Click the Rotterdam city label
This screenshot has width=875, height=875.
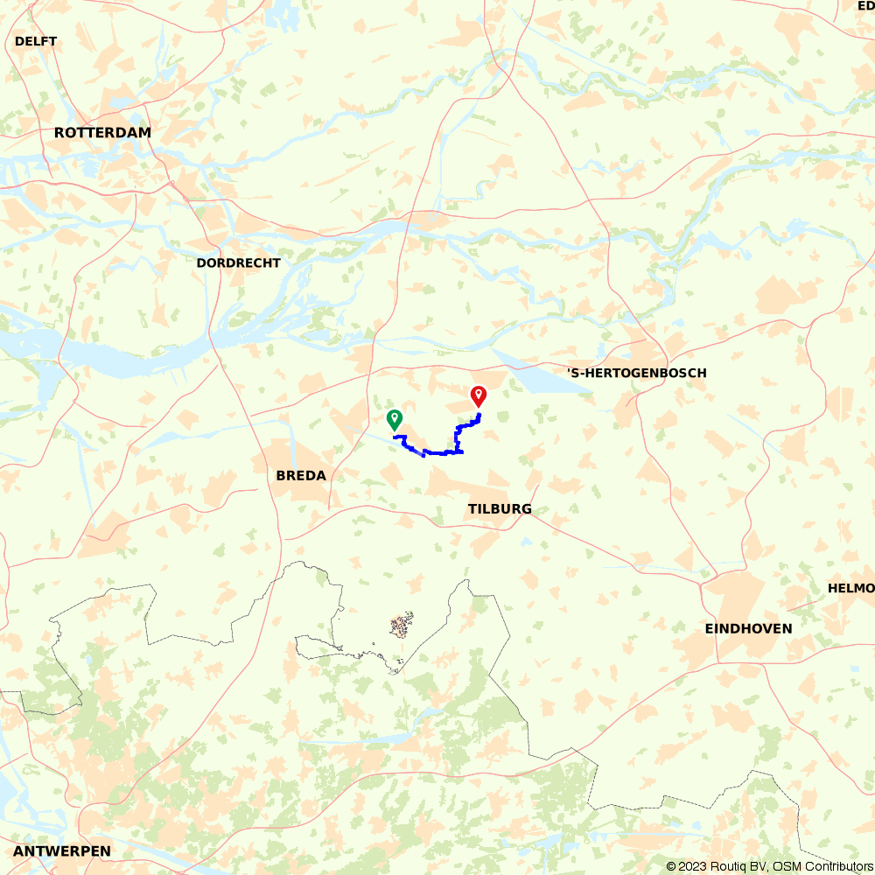point(102,133)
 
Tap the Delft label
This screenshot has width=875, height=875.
point(36,42)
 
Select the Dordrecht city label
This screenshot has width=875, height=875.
point(238,262)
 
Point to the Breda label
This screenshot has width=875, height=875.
point(301,476)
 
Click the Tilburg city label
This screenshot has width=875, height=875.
point(500,509)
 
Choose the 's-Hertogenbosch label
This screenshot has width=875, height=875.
point(636,374)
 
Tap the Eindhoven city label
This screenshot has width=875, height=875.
point(748,629)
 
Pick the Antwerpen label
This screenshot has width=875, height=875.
point(61,851)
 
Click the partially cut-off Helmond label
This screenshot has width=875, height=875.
point(850,589)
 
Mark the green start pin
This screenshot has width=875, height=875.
point(395,418)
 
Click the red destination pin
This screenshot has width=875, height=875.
point(479,395)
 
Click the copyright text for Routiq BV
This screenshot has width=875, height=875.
point(770,866)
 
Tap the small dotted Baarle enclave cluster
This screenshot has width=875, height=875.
point(402,625)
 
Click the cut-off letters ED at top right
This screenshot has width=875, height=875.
point(865,7)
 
